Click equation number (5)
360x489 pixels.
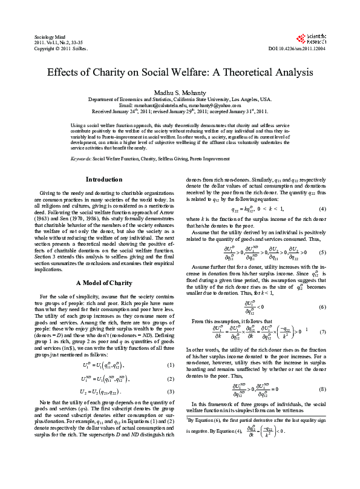click(322, 252)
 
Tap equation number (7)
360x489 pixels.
click(322, 332)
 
